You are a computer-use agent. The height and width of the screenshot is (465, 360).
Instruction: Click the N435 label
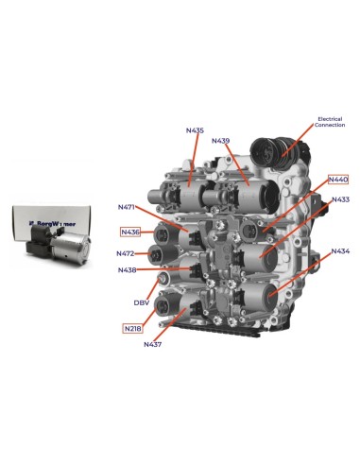click(x=195, y=130)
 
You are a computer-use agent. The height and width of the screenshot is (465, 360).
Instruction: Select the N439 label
click(x=220, y=141)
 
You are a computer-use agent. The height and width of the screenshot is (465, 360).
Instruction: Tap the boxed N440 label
click(x=338, y=180)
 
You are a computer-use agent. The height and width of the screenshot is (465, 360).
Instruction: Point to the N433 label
click(x=340, y=199)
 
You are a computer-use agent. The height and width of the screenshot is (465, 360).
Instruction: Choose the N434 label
click(x=340, y=251)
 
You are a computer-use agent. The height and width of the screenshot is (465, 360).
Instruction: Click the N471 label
click(x=127, y=207)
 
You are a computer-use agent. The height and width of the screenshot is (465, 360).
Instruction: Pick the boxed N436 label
click(x=130, y=232)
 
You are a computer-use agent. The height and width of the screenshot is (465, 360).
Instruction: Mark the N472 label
click(x=126, y=253)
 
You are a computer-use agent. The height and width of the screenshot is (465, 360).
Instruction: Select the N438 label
click(x=128, y=270)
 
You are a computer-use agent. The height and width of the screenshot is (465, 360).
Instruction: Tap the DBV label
click(x=142, y=303)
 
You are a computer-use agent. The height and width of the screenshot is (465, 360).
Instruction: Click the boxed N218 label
click(x=132, y=329)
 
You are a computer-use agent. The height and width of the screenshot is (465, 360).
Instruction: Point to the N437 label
click(x=153, y=345)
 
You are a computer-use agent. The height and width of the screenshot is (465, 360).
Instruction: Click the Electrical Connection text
click(x=330, y=122)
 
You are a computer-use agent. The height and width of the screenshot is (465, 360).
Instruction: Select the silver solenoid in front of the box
click(x=70, y=249)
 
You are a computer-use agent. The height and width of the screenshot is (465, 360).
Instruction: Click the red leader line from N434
click(x=300, y=274)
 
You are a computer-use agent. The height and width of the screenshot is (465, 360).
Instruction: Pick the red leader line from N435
click(x=194, y=159)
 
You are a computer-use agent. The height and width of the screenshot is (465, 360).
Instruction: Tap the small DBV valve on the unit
click(x=162, y=278)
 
